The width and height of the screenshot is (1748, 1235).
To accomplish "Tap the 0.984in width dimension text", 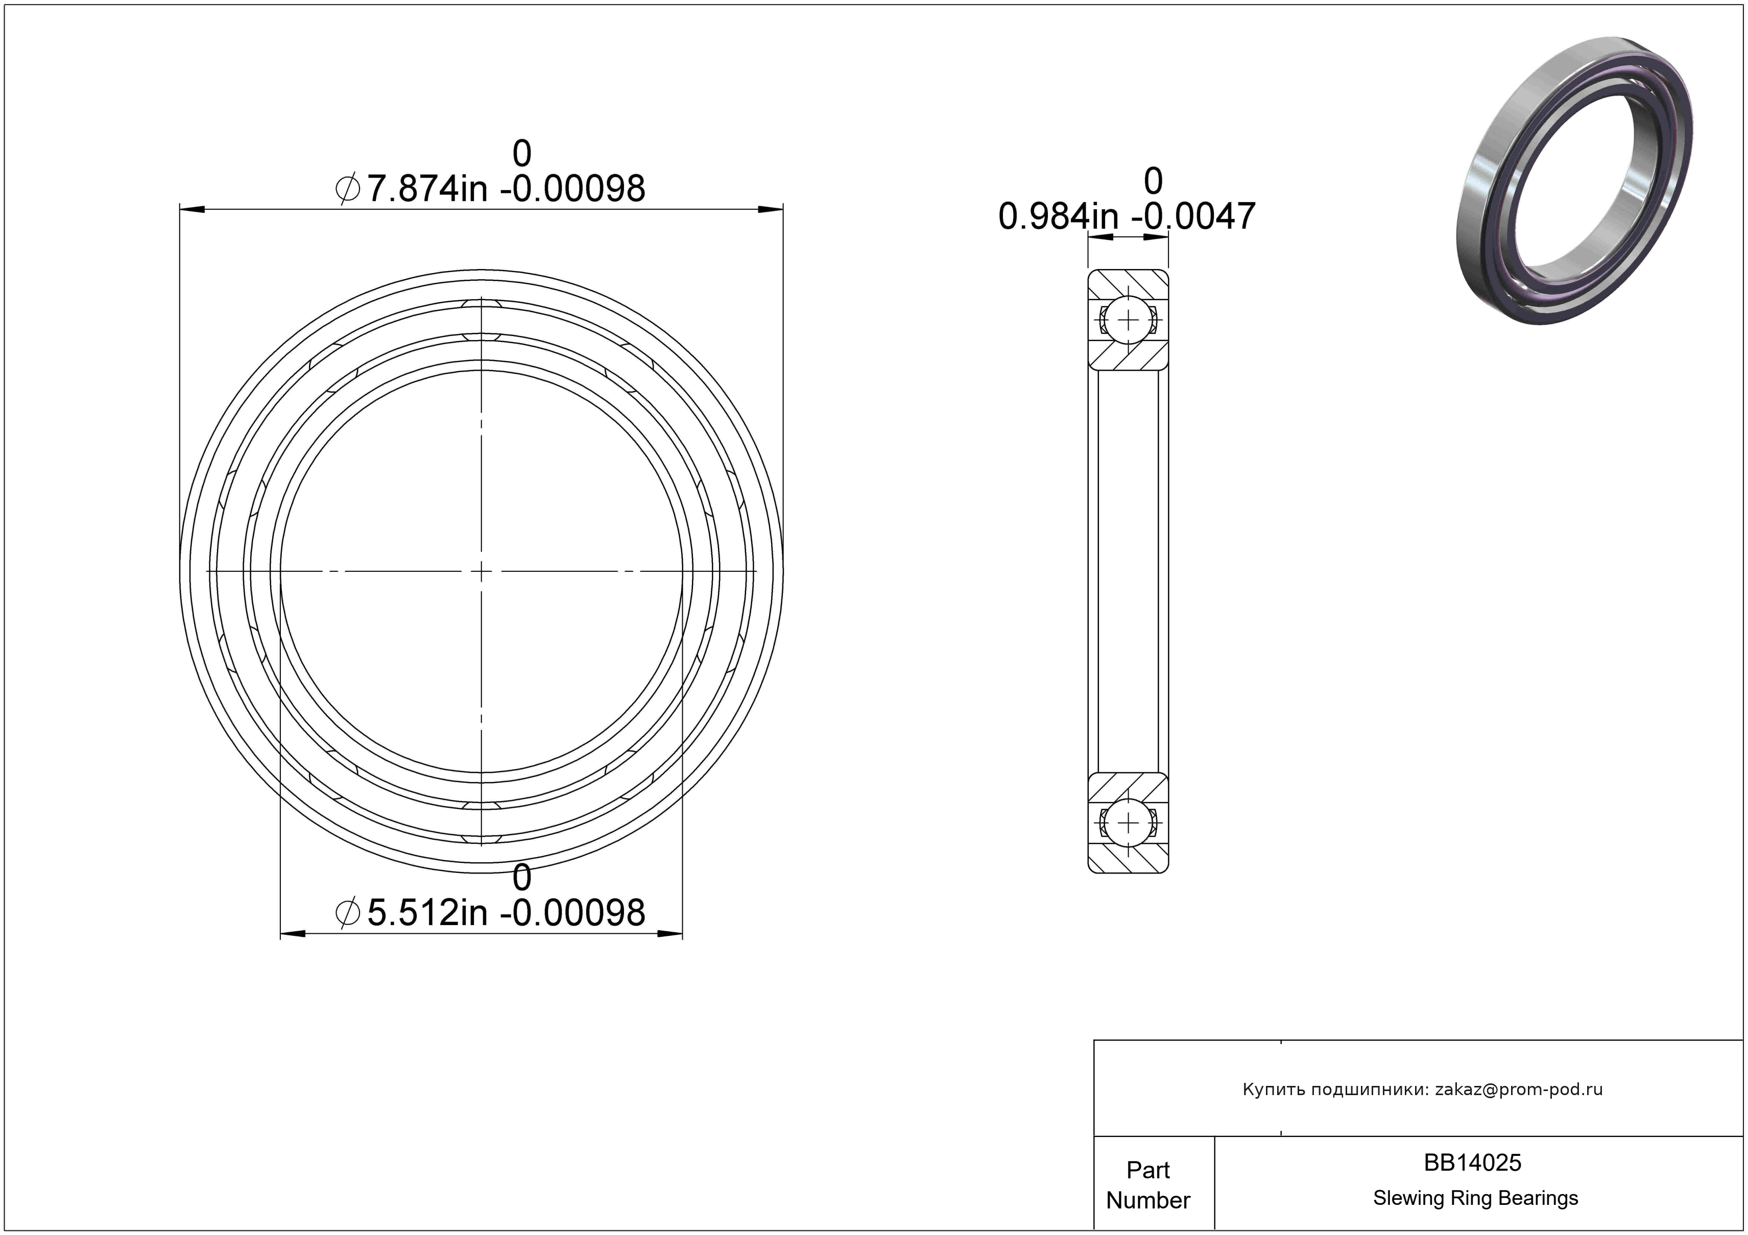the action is [1127, 216].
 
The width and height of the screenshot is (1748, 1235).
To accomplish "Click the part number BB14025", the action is [1472, 1162].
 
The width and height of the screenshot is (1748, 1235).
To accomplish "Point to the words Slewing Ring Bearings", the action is [1475, 1198].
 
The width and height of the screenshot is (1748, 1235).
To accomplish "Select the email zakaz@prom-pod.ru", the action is [1519, 1089].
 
